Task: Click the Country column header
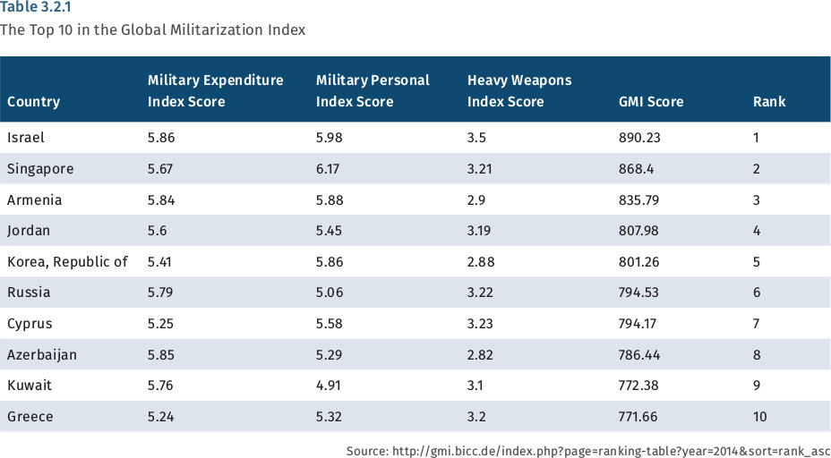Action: click(33, 102)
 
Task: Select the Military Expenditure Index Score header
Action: click(215, 90)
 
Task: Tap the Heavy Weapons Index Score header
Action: click(519, 90)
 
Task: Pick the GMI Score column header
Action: click(651, 102)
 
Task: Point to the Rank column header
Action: click(769, 102)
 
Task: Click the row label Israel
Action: click(25, 138)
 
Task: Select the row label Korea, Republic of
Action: click(67, 261)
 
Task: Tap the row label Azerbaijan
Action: click(41, 354)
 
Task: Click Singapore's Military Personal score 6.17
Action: click(330, 169)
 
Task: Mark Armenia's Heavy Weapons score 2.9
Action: click(476, 199)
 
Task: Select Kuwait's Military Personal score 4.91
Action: click(330, 386)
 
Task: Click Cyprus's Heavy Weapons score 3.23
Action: click(481, 323)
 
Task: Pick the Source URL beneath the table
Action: click(588, 451)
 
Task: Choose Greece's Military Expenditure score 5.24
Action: click(161, 416)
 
